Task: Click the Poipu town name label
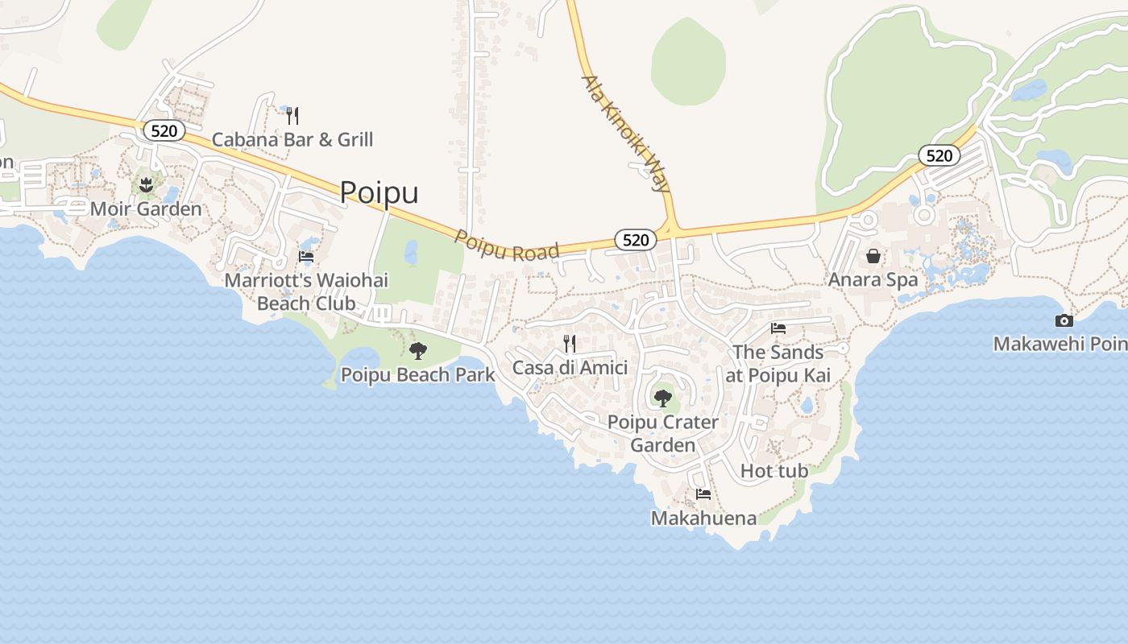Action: point(379,192)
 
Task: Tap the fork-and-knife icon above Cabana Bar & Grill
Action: point(292,116)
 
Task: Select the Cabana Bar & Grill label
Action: point(292,139)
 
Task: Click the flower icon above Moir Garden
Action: point(146,186)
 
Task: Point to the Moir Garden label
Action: point(146,209)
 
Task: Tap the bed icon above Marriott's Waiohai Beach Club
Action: point(306,257)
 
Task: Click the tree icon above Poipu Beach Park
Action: point(417,351)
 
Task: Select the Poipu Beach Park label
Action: point(417,374)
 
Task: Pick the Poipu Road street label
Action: point(507,246)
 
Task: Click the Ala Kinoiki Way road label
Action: point(626,133)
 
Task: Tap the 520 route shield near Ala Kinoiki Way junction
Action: point(635,240)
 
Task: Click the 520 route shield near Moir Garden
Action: point(164,130)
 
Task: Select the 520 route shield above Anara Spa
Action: point(939,155)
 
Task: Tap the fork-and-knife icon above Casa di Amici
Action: point(570,344)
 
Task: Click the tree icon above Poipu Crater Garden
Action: point(662,398)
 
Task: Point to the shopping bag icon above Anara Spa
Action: point(873,257)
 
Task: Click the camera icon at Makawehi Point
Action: point(1064,320)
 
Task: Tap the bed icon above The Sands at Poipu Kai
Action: point(778,328)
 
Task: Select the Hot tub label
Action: point(773,470)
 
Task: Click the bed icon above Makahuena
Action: point(703,494)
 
